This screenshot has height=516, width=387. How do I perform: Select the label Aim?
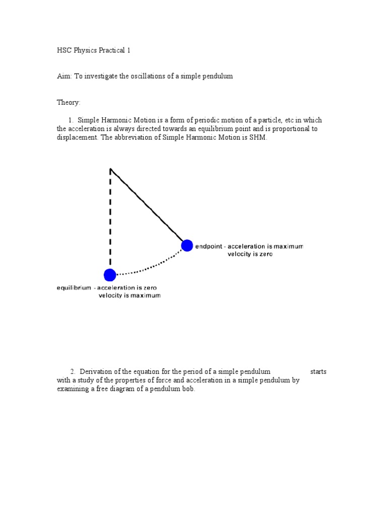click(64, 76)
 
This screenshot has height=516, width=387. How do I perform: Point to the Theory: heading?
click(69, 102)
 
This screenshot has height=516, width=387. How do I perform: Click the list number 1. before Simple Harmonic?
click(71, 120)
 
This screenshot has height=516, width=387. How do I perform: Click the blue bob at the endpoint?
click(187, 245)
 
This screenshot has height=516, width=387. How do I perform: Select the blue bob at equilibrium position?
click(110, 275)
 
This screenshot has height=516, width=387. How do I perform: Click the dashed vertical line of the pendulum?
click(110, 222)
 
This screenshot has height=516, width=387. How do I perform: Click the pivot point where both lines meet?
click(111, 169)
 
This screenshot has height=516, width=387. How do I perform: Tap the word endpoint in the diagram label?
click(209, 246)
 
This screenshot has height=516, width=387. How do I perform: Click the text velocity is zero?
click(250, 254)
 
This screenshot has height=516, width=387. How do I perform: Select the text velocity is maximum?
click(130, 296)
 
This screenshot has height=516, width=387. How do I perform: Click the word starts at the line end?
click(318, 371)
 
